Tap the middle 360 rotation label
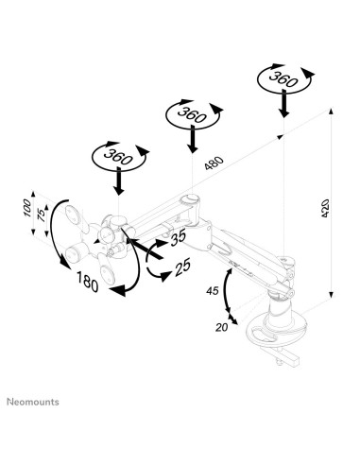pos(191,115)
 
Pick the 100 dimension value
pos(27,204)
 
